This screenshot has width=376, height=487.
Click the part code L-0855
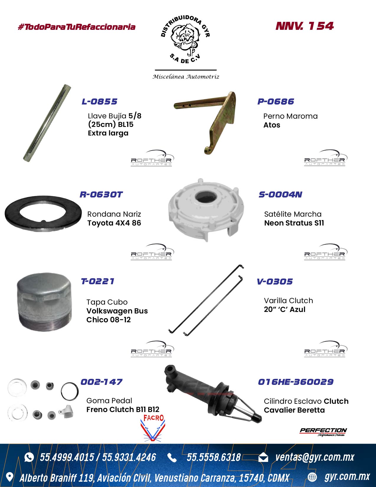99,102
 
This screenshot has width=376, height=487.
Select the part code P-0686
275,102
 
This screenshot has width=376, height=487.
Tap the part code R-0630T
101,195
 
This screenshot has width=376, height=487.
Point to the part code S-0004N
280,195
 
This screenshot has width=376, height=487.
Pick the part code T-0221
98,281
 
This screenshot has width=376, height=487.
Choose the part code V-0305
275,282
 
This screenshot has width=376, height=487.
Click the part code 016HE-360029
296,382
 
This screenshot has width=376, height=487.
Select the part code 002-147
101,382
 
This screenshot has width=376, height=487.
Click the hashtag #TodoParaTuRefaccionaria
77,27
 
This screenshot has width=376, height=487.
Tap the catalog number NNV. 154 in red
305,26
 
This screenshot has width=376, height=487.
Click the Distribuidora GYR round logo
185,40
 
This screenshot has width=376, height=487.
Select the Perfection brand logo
323,432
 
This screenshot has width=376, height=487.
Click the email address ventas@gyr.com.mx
315,457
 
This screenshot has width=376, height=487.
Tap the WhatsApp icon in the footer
29,457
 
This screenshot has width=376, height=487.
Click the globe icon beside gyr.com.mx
312,477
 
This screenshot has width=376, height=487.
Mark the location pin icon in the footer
9,477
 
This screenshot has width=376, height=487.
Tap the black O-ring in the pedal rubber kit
62,391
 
